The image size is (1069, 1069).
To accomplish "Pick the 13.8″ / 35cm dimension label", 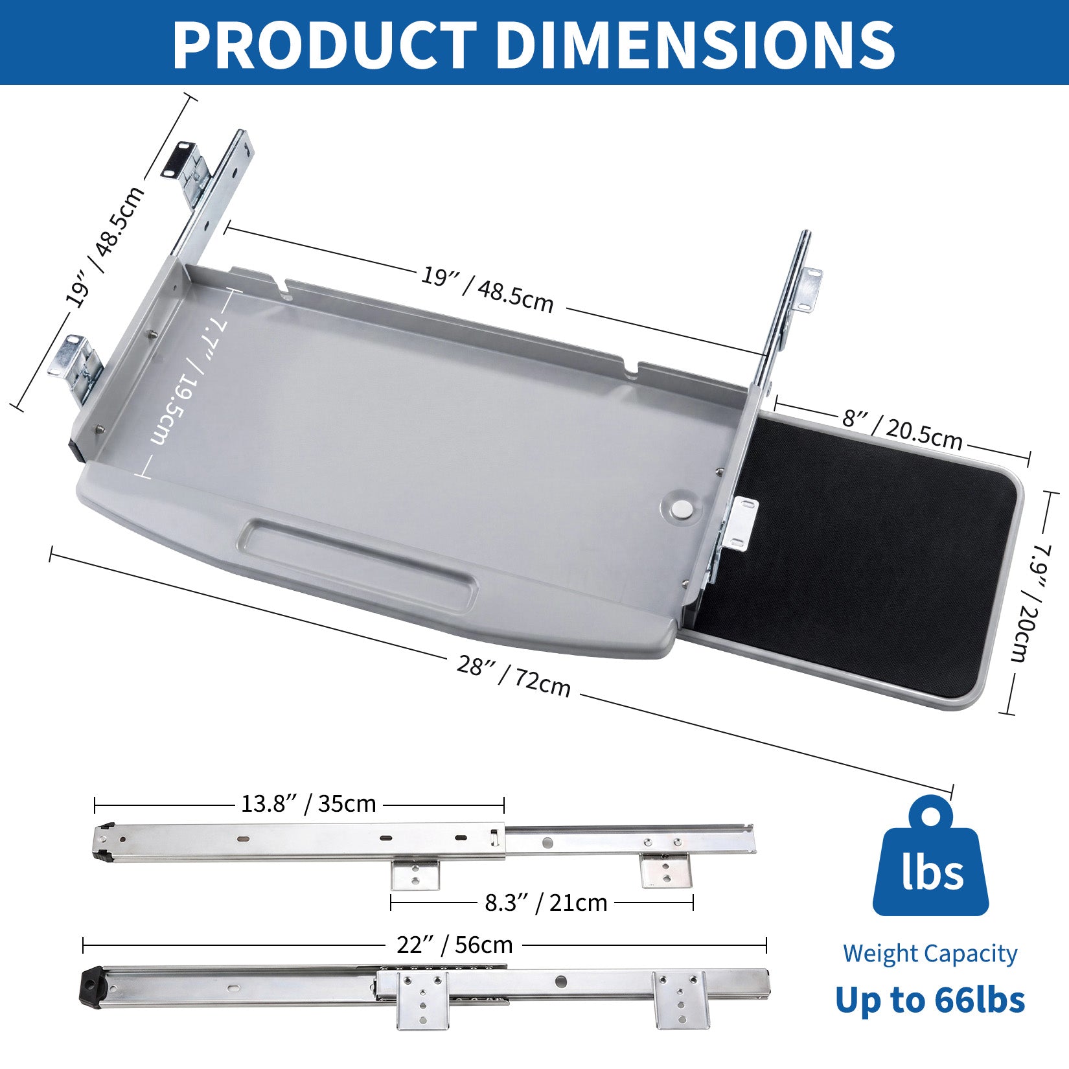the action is [x=308, y=804].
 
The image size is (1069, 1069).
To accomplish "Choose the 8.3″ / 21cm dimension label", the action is [x=546, y=902].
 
